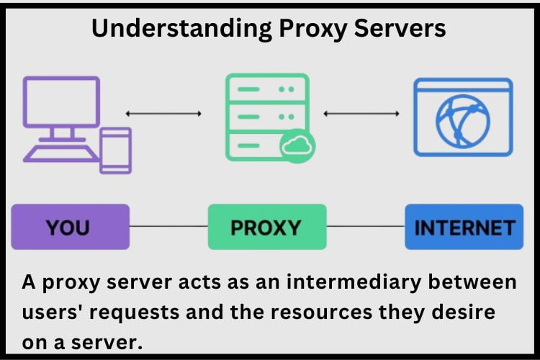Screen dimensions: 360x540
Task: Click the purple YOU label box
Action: pyautogui.click(x=70, y=227)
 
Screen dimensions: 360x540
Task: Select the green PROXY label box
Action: pyautogui.click(x=266, y=227)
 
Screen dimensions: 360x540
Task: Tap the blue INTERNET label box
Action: pyautogui.click(x=464, y=227)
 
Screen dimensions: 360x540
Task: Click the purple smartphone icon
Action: pyautogui.click(x=115, y=150)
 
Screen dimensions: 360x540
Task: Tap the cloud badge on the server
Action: pyautogui.click(x=296, y=147)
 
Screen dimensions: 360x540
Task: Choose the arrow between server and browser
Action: pyautogui.click(x=361, y=113)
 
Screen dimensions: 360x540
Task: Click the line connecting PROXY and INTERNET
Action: pyautogui.click(x=366, y=227)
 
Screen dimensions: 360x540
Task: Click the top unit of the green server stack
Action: pyautogui.click(x=267, y=88)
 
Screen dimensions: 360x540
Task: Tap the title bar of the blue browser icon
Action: pyautogui.click(x=463, y=89)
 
